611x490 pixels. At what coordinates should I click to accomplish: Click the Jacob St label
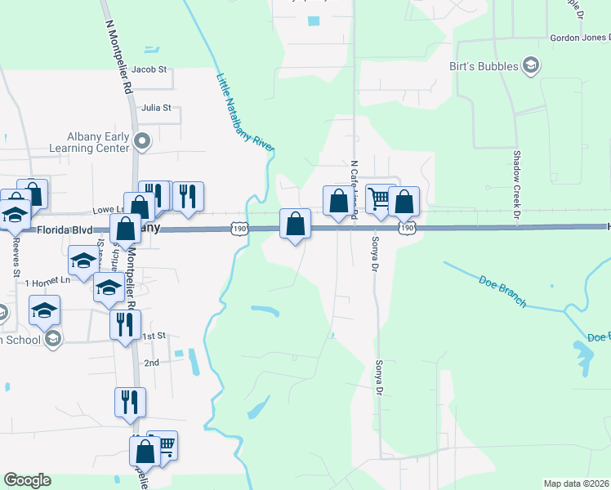tap(149, 70)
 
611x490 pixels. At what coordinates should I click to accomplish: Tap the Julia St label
tap(155, 107)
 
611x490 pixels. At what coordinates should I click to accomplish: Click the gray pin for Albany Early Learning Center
tap(143, 142)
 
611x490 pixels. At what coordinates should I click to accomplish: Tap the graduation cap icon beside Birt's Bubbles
tap(529, 65)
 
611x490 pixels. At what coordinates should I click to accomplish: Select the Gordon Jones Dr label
tap(579, 37)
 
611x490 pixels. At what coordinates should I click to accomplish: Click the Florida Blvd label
tap(64, 231)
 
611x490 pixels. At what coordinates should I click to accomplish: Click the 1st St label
tap(154, 336)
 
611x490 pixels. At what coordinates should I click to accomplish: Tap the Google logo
tap(27, 480)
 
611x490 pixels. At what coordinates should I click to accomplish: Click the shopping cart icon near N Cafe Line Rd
tap(378, 198)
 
